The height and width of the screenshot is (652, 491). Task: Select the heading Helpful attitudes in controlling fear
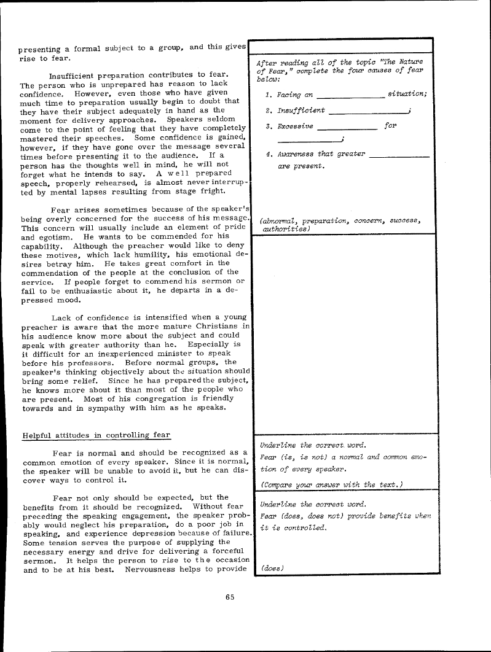point(96,435)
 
